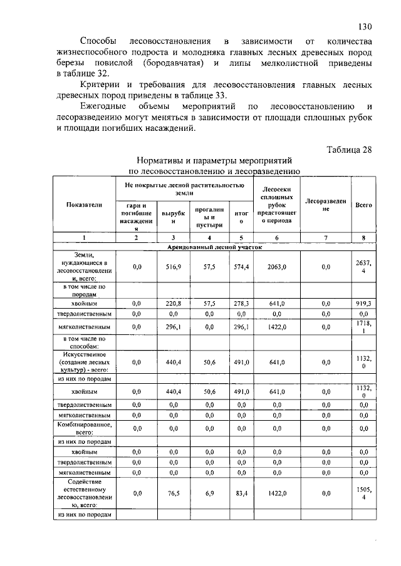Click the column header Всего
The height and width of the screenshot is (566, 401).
click(364, 205)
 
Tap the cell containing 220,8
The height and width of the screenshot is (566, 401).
click(174, 303)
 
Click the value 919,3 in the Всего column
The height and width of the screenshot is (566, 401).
click(364, 303)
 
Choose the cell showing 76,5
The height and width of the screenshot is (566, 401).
click(174, 493)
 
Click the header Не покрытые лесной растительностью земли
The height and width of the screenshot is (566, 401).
click(183, 189)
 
